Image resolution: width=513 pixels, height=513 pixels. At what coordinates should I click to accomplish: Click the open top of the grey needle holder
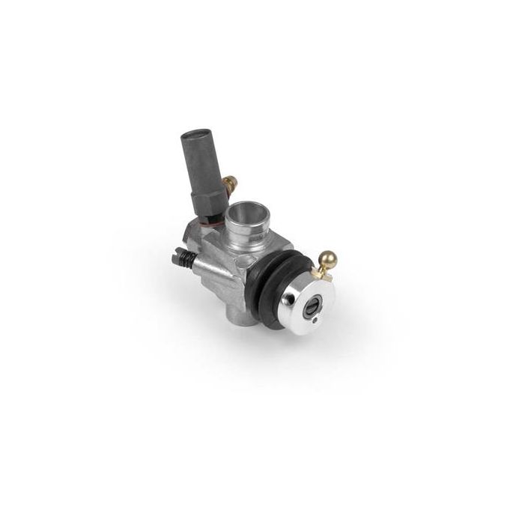197,137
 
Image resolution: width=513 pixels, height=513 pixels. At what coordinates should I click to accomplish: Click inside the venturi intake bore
245,216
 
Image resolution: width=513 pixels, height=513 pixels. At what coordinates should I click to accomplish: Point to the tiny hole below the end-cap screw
316,322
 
